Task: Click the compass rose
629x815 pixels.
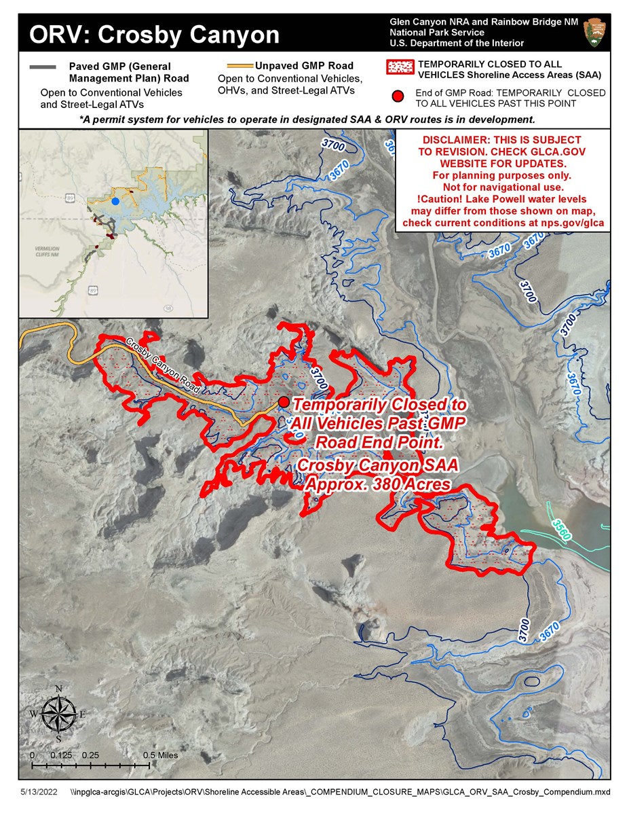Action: (58, 714)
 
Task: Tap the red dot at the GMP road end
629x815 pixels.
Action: (284, 401)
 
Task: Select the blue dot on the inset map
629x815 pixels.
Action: (116, 202)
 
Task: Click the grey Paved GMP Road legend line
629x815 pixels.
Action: (44, 67)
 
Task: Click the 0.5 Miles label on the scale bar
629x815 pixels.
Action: (160, 755)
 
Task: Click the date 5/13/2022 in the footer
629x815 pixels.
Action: (38, 792)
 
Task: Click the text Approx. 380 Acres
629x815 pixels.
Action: (377, 485)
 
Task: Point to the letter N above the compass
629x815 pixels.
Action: (59, 689)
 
